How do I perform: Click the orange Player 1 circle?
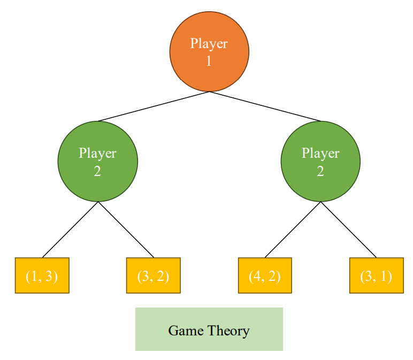pos(209,52)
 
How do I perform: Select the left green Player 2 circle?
pos(98,162)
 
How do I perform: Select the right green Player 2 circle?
pos(320,162)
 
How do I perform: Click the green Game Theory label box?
pos(209,330)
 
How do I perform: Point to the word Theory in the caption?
pos(228,331)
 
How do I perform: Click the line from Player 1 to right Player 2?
pos(265,106)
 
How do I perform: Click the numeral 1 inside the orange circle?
pos(209,62)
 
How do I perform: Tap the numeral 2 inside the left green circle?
pos(97,171)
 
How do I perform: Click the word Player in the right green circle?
pos(320,154)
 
